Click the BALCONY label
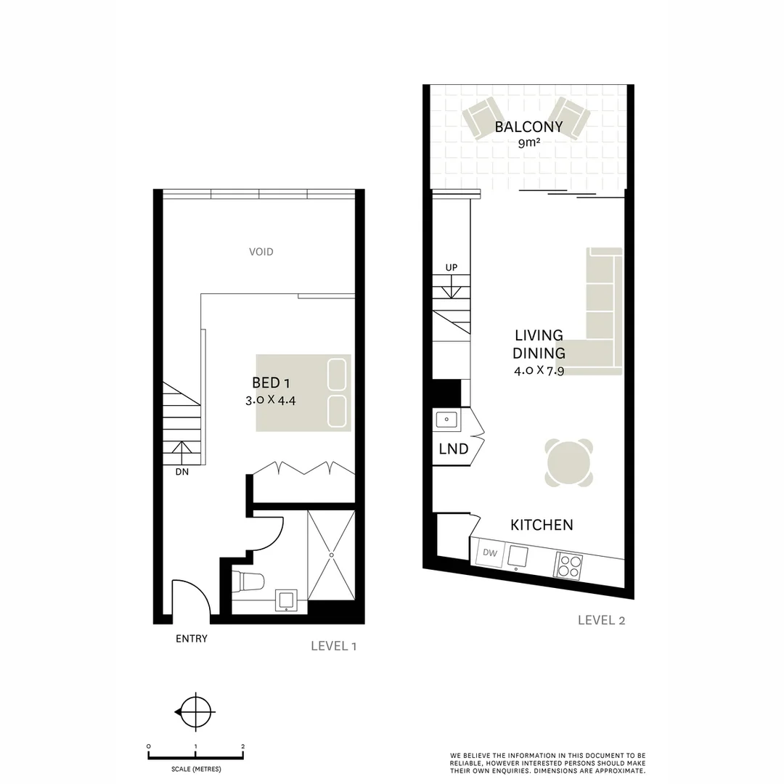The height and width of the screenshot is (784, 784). click(x=528, y=127)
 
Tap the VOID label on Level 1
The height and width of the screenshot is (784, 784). click(x=261, y=252)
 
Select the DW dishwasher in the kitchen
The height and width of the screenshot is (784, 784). click(x=489, y=554)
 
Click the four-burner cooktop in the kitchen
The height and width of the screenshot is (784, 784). click(x=568, y=565)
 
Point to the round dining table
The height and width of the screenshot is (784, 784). click(x=568, y=463)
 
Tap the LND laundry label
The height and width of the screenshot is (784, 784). click(x=453, y=449)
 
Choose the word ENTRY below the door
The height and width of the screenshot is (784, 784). click(x=192, y=639)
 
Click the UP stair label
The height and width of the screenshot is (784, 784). click(x=452, y=268)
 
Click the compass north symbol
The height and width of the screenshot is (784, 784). click(x=195, y=712)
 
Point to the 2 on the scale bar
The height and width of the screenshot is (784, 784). click(x=242, y=746)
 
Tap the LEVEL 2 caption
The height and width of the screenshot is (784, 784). click(x=601, y=620)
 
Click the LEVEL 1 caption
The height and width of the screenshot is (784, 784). click(x=333, y=645)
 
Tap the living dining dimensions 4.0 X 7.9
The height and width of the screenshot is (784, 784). click(x=539, y=371)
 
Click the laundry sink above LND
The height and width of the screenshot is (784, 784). click(x=446, y=419)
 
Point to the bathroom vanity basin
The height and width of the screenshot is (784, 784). click(x=287, y=600)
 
